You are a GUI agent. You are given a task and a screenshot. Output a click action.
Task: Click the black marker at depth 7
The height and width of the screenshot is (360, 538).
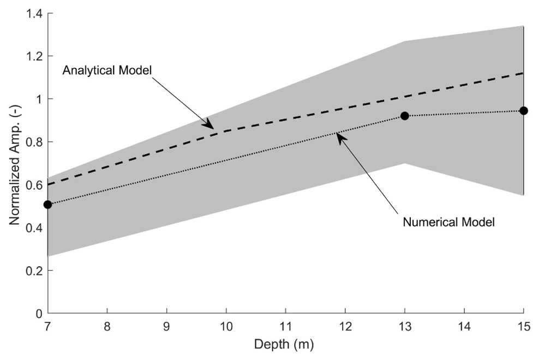[x=47, y=205]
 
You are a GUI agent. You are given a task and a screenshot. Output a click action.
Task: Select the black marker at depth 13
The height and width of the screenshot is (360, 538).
[x=405, y=116]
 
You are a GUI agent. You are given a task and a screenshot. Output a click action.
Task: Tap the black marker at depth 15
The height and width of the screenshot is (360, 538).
[x=524, y=111]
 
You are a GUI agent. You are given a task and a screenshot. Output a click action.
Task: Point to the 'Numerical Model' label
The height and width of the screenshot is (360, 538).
[x=449, y=222]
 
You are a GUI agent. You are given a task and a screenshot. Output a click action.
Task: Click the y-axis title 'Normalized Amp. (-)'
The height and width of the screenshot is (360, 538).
[x=15, y=163]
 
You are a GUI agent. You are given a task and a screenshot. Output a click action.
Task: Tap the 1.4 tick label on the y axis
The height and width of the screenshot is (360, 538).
[x=34, y=13]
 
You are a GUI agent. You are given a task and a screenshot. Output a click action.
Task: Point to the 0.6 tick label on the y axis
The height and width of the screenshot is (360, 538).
[x=34, y=185]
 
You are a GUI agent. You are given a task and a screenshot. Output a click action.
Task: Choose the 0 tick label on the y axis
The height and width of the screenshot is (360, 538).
[x=39, y=314]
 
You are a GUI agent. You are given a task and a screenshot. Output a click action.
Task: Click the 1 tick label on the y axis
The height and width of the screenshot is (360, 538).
[x=39, y=99]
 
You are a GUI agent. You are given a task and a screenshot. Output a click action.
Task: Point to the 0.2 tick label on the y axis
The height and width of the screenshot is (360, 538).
[x=34, y=271]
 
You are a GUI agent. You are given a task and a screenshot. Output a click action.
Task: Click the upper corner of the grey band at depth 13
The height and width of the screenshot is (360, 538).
[x=405, y=41]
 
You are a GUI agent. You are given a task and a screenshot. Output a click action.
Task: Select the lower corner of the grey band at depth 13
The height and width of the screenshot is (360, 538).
[x=405, y=163]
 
